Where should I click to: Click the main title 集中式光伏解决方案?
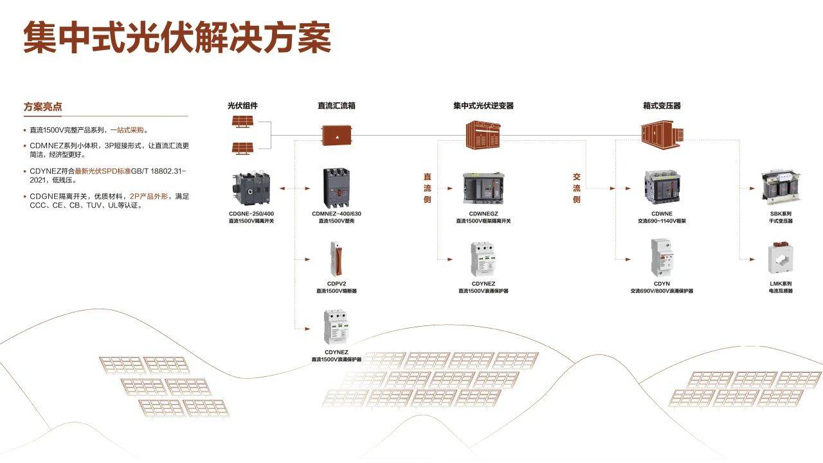[177, 37]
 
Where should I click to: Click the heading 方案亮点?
[43, 107]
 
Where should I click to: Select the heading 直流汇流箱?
[336, 105]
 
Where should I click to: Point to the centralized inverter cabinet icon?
[484, 134]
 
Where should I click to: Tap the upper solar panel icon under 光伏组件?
[242, 122]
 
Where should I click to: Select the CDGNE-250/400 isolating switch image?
[251, 187]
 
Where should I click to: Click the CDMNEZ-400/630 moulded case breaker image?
[336, 187]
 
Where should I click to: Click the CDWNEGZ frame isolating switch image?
[484, 187]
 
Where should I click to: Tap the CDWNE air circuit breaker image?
[662, 187]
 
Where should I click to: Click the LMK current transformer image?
[781, 259]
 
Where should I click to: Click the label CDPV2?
[336, 284]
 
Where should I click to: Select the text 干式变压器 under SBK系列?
[781, 221]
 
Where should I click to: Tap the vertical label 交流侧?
[577, 188]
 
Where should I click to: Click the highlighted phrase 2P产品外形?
[149, 195]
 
